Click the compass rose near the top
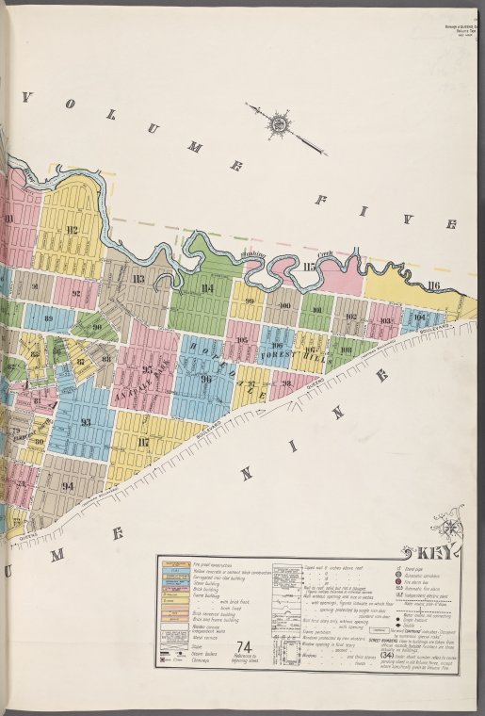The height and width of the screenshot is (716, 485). pyautogui.click(x=280, y=122)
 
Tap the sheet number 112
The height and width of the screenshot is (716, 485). pyautogui.click(x=71, y=229)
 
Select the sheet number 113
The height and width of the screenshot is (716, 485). pyautogui.click(x=138, y=278)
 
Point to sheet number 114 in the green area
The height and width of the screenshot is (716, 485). pyautogui.click(x=206, y=288)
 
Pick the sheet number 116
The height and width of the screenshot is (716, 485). pyautogui.click(x=432, y=285)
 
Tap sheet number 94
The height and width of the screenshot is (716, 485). pyautogui.click(x=68, y=486)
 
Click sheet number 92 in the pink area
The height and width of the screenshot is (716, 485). pyautogui.click(x=76, y=293)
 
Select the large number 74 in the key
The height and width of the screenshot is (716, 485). pyautogui.click(x=244, y=672)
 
